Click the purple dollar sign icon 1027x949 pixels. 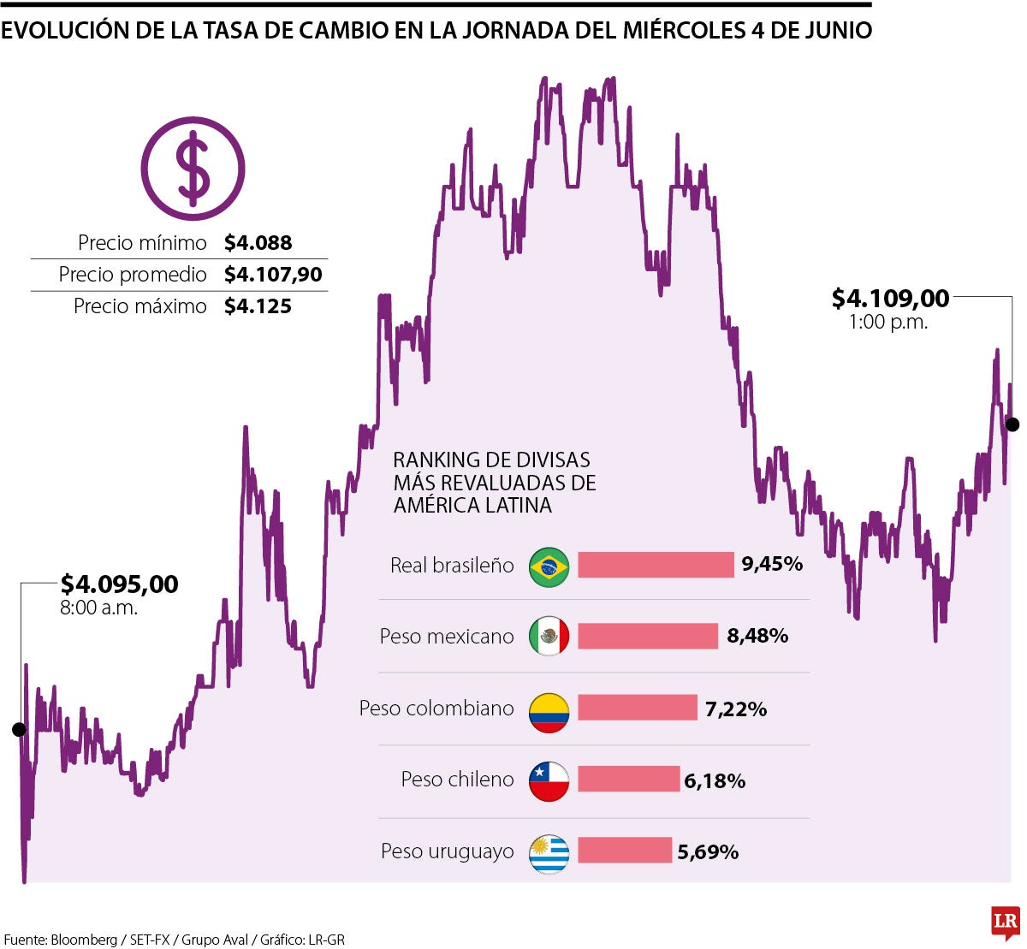click(x=193, y=169)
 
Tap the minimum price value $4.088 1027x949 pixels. click(x=258, y=243)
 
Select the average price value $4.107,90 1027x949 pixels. click(x=273, y=275)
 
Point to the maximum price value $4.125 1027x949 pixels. click(x=258, y=306)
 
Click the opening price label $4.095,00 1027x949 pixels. click(x=120, y=584)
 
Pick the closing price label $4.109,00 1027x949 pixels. click(x=890, y=299)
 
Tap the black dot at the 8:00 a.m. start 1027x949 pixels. click(x=19, y=729)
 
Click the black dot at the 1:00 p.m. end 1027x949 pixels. click(x=1012, y=424)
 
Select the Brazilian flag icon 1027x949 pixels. click(x=549, y=566)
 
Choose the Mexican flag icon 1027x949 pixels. click(x=549, y=637)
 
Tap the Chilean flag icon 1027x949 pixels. click(x=549, y=780)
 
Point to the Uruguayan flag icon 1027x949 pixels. click(x=549, y=852)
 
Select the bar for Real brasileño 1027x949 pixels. click(x=656, y=565)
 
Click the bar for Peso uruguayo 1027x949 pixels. click(x=625, y=851)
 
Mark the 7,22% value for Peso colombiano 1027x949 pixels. click(x=736, y=709)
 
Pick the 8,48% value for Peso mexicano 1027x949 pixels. click(x=757, y=637)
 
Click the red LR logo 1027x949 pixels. click(x=1005, y=922)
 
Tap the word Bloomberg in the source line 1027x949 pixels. click(x=84, y=940)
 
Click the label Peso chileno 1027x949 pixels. click(x=457, y=780)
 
